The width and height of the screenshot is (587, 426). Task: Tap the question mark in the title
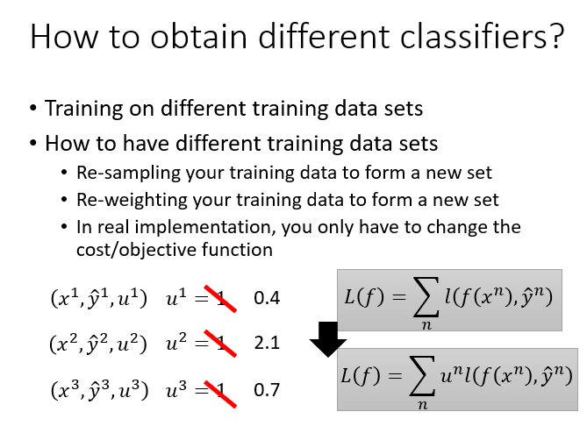pos(557,36)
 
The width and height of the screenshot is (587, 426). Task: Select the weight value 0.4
pos(267,298)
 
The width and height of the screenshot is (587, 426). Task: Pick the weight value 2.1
pos(267,343)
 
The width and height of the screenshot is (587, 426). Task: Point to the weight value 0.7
pos(267,390)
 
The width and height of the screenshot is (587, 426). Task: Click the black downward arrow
pos(328,339)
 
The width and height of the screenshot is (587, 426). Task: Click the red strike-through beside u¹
pos(220,298)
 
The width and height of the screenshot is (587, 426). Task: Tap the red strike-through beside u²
pos(220,344)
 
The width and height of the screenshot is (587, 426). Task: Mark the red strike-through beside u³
pos(220,394)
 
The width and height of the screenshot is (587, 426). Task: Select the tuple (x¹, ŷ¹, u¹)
pos(99,298)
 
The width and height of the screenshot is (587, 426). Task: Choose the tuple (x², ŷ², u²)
pos(98,344)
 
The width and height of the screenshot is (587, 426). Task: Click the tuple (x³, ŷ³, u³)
pos(99,390)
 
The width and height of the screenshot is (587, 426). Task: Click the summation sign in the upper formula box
pos(426,297)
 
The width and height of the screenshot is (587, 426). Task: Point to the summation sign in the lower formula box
pos(422,376)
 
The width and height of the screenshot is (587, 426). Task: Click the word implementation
pos(204,227)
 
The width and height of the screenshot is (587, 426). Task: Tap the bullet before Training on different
pos(33,108)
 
